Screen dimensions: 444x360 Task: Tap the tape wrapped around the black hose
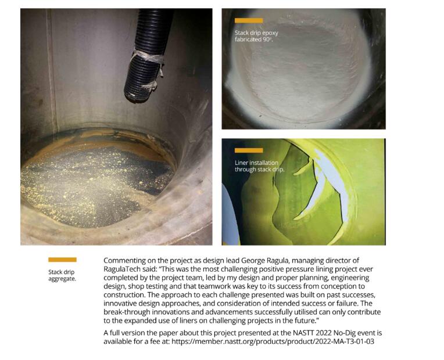148,58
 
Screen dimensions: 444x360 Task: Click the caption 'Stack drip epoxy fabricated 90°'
256,36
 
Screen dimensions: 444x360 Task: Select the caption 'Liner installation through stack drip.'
259,166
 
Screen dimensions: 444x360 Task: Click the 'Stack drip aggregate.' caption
62,275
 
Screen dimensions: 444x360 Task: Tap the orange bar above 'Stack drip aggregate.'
62,260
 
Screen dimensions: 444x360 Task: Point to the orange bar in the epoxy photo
249,20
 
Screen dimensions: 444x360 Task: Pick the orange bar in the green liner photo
249,150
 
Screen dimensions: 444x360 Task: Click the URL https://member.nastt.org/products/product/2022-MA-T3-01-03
273,341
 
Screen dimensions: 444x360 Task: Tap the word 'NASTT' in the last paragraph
303,333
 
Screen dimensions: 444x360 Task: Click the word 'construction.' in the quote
124,295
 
